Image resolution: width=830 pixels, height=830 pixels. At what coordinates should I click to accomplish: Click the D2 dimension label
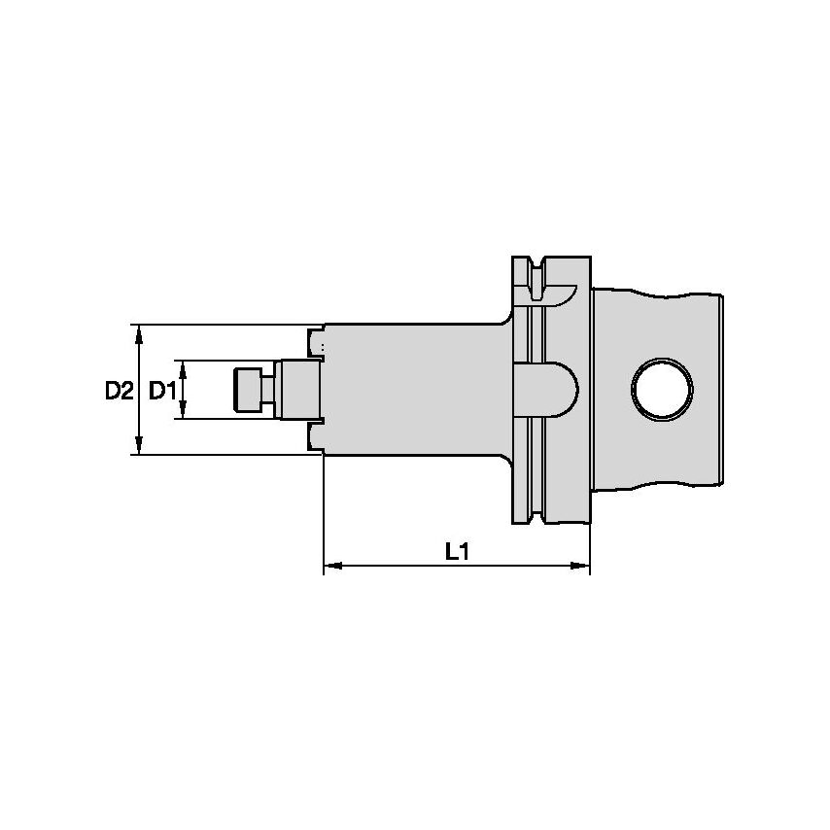(118, 391)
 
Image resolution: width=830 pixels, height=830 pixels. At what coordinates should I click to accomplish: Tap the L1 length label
(457, 552)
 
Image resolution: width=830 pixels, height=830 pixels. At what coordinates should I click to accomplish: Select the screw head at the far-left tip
(249, 390)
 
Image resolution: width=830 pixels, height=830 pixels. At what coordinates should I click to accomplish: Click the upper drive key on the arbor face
(314, 342)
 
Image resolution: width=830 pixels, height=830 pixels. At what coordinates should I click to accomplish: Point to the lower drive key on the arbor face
(314, 436)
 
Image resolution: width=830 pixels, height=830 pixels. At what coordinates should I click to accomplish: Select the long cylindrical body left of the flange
(413, 390)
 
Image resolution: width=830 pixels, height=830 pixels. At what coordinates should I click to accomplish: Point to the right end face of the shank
(722, 390)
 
